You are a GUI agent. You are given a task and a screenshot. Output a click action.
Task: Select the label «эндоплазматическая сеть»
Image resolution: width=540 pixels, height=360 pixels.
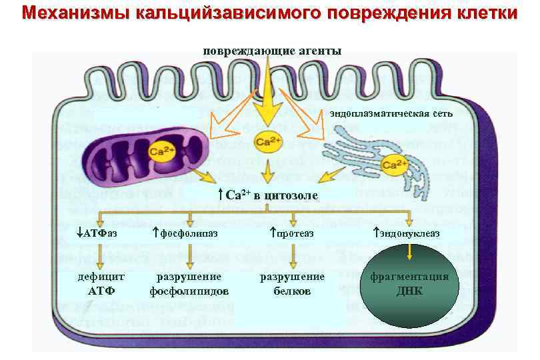point(391,113)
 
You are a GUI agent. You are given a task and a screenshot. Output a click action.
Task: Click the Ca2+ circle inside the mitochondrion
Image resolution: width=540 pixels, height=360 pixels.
point(161,151)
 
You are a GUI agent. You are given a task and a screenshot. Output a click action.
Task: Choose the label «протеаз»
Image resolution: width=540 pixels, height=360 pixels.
point(291,233)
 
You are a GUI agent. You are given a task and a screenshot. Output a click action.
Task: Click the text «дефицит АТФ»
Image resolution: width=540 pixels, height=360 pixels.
point(101,283)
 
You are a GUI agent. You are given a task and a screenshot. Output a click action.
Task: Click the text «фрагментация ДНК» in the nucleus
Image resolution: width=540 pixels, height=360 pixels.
point(409,283)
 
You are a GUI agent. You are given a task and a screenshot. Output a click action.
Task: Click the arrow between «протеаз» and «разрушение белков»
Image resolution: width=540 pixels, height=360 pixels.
point(294,255)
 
